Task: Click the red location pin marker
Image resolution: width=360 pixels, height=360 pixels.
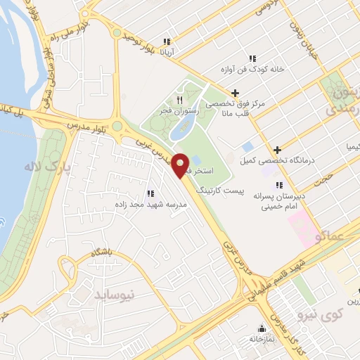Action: pos(180,165)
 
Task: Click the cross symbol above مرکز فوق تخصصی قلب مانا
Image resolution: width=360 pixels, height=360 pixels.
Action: pos(235,92)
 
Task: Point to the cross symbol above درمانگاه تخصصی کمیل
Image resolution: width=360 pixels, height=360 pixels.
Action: pos(278,149)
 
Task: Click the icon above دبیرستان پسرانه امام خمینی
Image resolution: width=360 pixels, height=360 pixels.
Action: pos(279,184)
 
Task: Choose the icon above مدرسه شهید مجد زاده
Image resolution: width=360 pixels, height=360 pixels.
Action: pos(150,193)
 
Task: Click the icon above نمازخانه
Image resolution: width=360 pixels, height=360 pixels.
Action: pos(262,328)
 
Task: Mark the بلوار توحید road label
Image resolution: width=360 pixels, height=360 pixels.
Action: pos(139,41)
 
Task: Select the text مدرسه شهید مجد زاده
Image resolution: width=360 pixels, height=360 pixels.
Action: pos(149,205)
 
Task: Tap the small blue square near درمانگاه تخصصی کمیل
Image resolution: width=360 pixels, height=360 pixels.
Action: pos(247,146)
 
